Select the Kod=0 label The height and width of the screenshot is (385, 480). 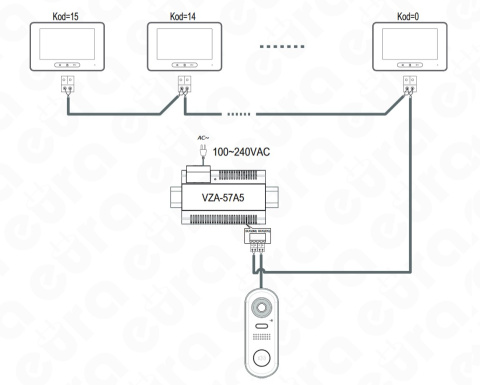point(405,12)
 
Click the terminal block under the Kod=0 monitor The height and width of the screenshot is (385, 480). point(408,85)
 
